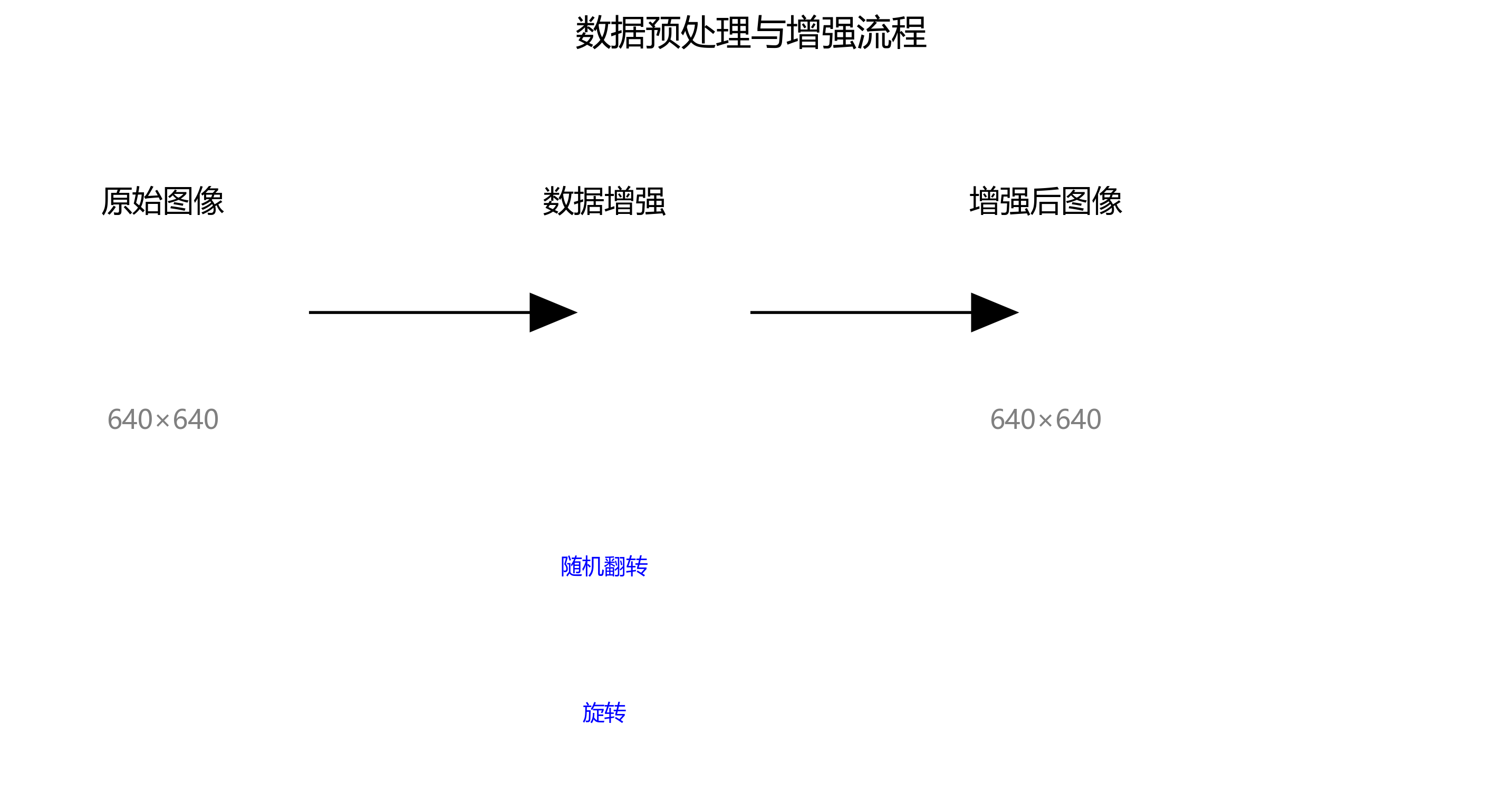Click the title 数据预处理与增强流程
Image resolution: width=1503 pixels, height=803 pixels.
coord(751,33)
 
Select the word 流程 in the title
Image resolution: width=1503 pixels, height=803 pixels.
coord(892,33)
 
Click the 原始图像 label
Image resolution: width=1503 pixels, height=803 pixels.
coord(163,201)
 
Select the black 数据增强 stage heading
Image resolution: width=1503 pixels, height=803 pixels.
coord(604,201)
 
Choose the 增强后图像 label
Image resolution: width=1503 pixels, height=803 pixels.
coord(1046,201)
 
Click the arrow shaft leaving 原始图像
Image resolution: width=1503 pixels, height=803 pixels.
coord(419,312)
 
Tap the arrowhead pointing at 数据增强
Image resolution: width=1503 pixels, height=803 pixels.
coord(552,312)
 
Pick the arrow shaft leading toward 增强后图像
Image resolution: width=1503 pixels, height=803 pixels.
coord(860,312)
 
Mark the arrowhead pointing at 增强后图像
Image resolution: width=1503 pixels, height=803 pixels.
coord(993,312)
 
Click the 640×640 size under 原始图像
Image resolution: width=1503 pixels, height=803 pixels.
coord(163,419)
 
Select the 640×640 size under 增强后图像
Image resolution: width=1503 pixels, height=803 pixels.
coord(1046,419)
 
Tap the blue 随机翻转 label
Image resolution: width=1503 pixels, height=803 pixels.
coord(604,566)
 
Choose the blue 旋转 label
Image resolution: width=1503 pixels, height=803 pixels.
coord(604,712)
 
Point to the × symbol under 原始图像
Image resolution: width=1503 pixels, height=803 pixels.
coord(163,420)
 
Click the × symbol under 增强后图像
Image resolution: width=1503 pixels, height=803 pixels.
coord(1046,420)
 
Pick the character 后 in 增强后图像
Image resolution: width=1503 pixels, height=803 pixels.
coord(1046,201)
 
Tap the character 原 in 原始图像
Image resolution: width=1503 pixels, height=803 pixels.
coord(117,201)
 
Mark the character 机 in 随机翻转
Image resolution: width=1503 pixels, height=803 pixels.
coord(593,566)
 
